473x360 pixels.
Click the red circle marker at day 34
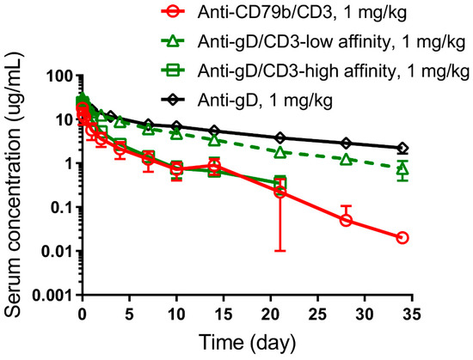click(402, 237)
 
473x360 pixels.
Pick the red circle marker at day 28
click(346, 220)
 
